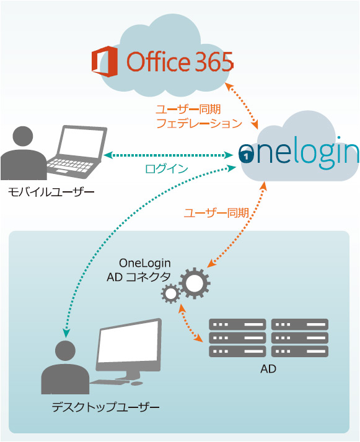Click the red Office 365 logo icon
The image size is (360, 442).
[104, 61]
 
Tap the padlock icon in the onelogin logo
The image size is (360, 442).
[247, 155]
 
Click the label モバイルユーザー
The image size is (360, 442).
[51, 193]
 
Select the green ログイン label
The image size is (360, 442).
[167, 168]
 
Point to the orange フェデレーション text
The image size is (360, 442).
[199, 123]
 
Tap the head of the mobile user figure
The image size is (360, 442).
[23, 136]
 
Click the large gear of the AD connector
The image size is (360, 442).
[195, 283]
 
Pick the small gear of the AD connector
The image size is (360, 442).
[170, 293]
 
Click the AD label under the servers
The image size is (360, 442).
[268, 369]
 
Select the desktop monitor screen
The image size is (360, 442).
[128, 342]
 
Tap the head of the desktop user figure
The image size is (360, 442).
[66, 351]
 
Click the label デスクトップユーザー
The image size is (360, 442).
[105, 407]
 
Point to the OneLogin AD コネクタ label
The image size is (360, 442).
[139, 270]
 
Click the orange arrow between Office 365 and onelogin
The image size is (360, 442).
[242, 106]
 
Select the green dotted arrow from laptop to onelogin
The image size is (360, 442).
[168, 155]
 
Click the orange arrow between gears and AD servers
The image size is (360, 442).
[191, 323]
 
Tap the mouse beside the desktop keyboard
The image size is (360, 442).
[137, 383]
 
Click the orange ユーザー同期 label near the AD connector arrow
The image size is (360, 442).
[216, 213]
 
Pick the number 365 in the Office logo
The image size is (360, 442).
[214, 61]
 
